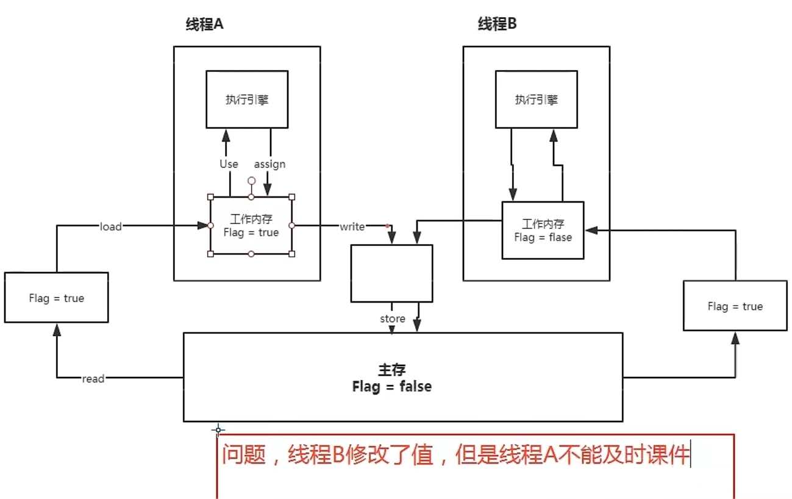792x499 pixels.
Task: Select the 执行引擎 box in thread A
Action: tap(247, 100)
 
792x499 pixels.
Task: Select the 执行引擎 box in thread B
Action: tap(536, 100)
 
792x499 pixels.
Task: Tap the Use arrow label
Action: tap(229, 164)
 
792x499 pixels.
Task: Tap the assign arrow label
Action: tap(269, 164)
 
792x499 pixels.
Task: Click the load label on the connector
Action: tap(111, 226)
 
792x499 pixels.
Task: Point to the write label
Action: tap(352, 226)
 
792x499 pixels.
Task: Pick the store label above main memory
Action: tap(393, 318)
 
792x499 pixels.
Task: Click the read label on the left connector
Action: tap(93, 379)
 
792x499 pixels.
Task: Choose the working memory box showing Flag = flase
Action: tap(543, 231)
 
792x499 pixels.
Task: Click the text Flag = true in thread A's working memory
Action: tap(251, 232)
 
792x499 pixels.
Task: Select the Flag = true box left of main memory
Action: tap(56, 298)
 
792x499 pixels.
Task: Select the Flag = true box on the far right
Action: tap(735, 306)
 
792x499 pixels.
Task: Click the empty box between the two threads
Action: tap(391, 273)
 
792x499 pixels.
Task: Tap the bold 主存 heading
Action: tap(392, 370)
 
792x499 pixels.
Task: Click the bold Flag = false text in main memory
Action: tap(392, 387)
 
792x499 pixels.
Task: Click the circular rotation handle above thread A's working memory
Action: tap(251, 181)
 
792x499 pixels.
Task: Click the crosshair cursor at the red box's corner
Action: tap(218, 429)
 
